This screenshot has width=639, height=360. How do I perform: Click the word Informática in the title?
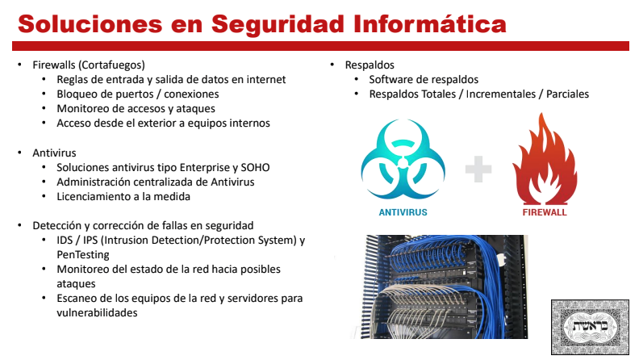(x=430, y=23)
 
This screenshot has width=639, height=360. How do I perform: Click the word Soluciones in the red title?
(x=90, y=23)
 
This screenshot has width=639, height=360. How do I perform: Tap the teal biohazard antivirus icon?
(x=403, y=159)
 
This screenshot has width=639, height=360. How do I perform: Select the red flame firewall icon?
(x=545, y=158)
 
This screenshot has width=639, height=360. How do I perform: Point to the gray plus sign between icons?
(x=478, y=169)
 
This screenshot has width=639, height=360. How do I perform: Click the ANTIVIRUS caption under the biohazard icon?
(x=403, y=212)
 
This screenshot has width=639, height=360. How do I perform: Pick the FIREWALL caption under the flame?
(x=545, y=212)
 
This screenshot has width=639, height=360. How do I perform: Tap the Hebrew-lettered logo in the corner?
(x=590, y=327)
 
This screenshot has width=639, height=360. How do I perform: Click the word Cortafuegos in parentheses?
(x=111, y=65)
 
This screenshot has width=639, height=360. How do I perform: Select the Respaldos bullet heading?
(x=370, y=65)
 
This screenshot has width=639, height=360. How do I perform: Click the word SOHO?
(x=255, y=168)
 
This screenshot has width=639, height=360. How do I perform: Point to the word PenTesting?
(x=83, y=255)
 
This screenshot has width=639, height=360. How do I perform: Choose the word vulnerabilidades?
(x=97, y=312)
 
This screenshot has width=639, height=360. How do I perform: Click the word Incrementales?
(x=501, y=94)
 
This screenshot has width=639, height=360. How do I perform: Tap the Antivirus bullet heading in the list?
(x=54, y=153)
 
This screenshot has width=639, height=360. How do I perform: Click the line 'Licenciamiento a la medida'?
(x=123, y=196)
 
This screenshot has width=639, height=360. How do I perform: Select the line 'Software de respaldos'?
(x=424, y=79)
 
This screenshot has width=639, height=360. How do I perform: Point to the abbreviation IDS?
(x=65, y=241)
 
